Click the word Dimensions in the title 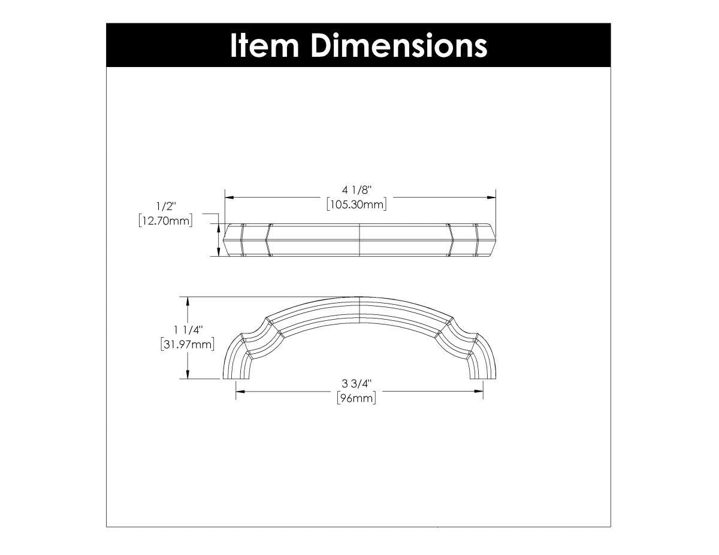coord(398,46)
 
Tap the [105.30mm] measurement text coord(357,205)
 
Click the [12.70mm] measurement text coord(165,221)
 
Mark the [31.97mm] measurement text coord(188,344)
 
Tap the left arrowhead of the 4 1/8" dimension coord(229,197)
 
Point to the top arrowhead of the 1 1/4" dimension coord(189,301)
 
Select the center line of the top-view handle coord(359,241)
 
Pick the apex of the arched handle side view coord(359,298)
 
